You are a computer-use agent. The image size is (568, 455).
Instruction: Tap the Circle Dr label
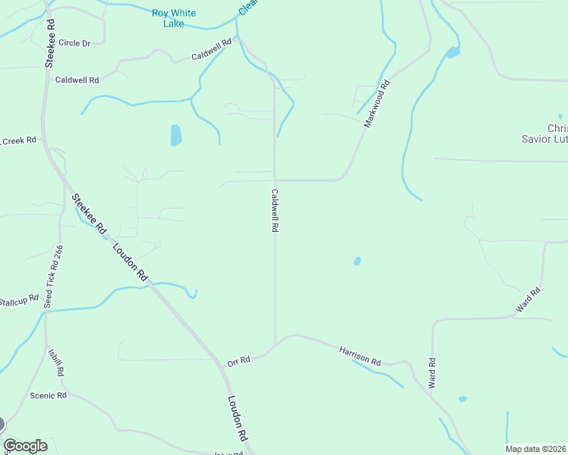[x=74, y=43]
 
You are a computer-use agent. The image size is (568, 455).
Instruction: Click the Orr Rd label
[x=238, y=361]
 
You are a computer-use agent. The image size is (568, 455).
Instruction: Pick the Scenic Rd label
[x=49, y=395]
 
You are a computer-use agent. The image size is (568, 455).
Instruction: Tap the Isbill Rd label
[x=56, y=362]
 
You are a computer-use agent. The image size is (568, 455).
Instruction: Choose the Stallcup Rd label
[x=18, y=300]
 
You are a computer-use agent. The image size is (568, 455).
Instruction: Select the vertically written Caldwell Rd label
[x=275, y=211]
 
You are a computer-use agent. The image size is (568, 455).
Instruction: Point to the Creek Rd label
[x=18, y=140]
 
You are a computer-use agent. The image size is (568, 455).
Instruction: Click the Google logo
[x=25, y=445]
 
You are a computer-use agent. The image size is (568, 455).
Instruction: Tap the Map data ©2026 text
[x=536, y=449]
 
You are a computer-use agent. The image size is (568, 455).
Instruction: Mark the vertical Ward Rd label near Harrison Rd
[x=432, y=373]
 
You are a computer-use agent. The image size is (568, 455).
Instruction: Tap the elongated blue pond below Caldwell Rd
[x=176, y=136]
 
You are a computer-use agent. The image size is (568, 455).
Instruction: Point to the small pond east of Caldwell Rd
[x=357, y=262]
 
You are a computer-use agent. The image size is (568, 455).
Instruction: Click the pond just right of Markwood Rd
[x=453, y=52]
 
